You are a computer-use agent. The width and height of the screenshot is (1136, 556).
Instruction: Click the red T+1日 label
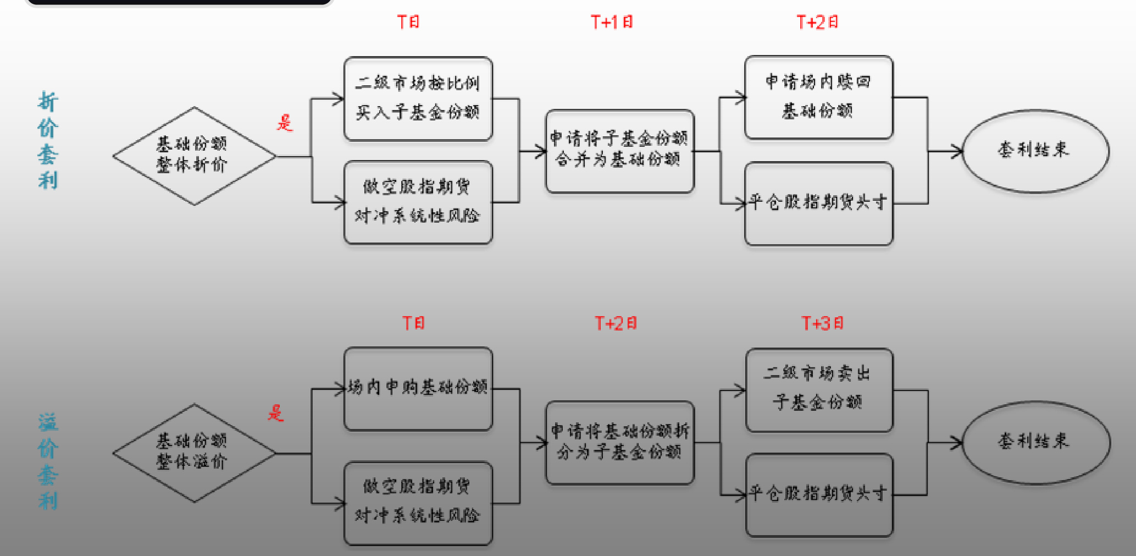(x=612, y=22)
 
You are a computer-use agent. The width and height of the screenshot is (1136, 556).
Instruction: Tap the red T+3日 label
(x=822, y=323)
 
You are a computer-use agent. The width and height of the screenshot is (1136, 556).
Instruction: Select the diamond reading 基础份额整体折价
(x=193, y=156)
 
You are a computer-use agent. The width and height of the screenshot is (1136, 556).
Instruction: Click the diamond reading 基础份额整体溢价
(x=193, y=453)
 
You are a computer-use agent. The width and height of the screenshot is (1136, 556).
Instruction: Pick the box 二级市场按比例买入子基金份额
(x=418, y=98)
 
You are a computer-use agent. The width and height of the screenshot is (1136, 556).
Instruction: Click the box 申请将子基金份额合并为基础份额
(x=619, y=151)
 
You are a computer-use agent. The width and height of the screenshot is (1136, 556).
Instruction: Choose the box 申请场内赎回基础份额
(x=818, y=97)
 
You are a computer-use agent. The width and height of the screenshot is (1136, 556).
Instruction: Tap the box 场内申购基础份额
(x=418, y=388)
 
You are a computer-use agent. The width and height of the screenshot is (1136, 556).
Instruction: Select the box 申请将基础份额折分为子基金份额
(x=619, y=442)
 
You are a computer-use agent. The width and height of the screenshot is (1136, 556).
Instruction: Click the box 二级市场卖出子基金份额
(x=819, y=389)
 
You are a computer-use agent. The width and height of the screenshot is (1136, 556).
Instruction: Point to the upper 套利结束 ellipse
(x=1035, y=151)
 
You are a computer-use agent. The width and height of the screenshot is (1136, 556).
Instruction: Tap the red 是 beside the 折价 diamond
(x=285, y=123)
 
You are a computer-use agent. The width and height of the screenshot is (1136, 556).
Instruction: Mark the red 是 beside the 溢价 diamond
(x=276, y=412)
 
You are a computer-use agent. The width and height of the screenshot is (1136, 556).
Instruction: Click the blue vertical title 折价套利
(x=48, y=141)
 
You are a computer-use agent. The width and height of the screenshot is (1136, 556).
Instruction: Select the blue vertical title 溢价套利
(x=48, y=461)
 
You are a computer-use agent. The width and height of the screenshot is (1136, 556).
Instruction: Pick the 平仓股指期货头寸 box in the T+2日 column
(x=818, y=203)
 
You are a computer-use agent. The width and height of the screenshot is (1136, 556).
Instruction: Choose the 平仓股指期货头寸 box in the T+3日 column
(x=819, y=494)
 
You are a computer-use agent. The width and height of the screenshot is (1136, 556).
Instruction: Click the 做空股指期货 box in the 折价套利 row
(x=418, y=202)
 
